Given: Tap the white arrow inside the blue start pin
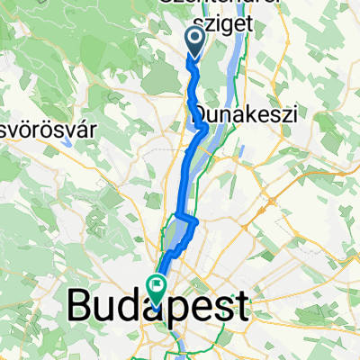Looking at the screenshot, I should coord(193,37).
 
